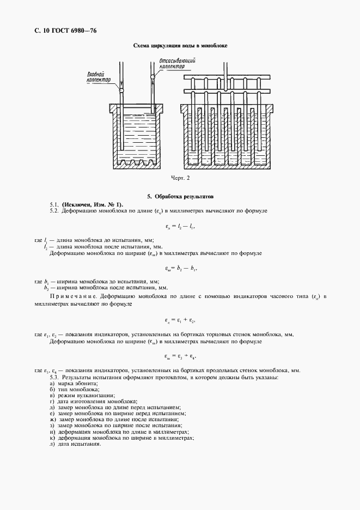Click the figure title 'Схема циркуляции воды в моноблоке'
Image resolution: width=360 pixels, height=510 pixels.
click(180, 46)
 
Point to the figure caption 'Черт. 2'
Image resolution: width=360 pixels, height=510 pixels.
click(180, 178)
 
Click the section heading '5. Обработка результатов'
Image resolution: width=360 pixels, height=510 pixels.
click(180, 196)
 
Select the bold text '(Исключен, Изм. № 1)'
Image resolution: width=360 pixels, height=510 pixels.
click(92, 203)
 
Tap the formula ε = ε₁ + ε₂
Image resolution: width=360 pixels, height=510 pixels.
click(180, 319)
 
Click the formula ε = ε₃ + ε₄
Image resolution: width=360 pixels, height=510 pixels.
click(180, 357)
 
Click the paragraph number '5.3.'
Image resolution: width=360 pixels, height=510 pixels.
click(54, 378)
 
